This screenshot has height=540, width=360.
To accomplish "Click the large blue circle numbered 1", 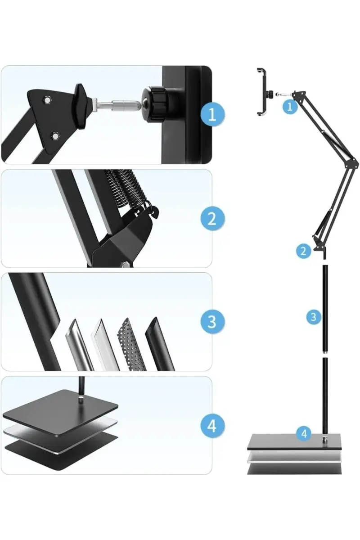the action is point(212,115).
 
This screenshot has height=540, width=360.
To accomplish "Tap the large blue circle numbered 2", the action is point(212,218).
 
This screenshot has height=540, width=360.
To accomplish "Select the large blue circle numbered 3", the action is point(212,322).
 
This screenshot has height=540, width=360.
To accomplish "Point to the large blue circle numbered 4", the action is point(212,426).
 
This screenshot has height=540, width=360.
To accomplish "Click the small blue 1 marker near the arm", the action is point(290,106).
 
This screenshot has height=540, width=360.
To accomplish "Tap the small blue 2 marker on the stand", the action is point(304,251).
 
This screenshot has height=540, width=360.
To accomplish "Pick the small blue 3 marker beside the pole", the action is point(314,317).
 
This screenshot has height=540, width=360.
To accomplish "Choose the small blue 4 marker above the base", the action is point(304,434).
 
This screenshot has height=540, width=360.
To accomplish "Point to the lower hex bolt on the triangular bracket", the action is point(55,137).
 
